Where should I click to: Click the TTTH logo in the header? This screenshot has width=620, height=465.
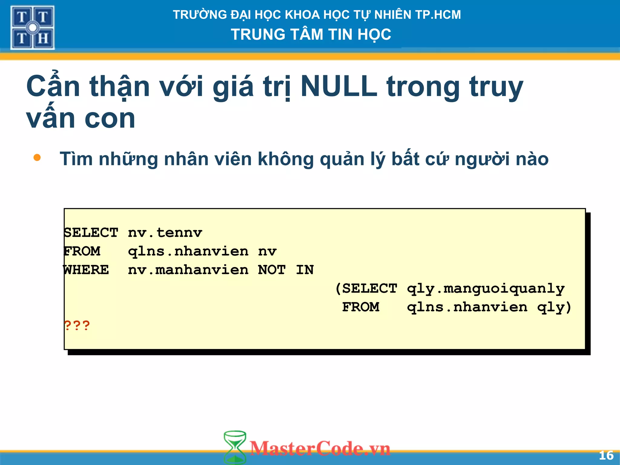(x=32, y=28)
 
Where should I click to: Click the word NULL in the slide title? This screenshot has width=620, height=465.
(x=339, y=87)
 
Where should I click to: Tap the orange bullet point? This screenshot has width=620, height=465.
(x=37, y=157)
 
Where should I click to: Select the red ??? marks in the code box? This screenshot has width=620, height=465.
(x=77, y=326)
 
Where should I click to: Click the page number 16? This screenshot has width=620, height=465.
(x=606, y=455)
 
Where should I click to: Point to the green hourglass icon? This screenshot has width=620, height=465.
(x=235, y=447)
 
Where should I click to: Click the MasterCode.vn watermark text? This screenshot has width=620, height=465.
(x=320, y=448)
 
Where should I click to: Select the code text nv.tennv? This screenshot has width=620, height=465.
(x=165, y=233)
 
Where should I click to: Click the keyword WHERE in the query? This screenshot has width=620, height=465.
(x=86, y=270)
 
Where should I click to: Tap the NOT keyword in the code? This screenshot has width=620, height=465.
(x=272, y=270)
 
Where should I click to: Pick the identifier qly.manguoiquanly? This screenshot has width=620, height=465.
(x=486, y=289)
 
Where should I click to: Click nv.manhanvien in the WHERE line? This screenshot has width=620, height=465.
(x=188, y=270)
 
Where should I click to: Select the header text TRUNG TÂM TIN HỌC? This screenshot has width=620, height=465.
(x=311, y=35)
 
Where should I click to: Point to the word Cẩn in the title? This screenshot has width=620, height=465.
(x=53, y=87)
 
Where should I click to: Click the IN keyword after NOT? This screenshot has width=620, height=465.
(x=305, y=270)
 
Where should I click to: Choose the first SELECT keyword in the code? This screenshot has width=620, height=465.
(x=91, y=233)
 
